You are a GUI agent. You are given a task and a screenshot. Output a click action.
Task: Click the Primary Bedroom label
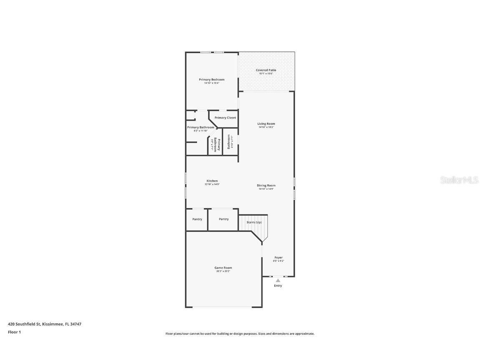tap(211, 80)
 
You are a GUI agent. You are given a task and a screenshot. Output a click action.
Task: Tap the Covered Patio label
tap(266, 70)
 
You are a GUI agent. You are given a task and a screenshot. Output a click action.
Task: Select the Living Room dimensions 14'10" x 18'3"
tap(266, 127)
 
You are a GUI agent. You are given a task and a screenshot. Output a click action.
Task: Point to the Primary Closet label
tap(225, 118)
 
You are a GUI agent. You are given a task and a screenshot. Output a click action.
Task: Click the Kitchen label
tap(212, 181)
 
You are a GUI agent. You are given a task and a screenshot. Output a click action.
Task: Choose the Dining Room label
tap(266, 186)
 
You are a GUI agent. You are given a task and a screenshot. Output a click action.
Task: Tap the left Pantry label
tap(197, 219)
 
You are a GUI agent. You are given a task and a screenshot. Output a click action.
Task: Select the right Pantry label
tap(224, 219)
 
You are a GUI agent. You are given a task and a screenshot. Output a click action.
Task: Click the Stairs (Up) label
tap(254, 222)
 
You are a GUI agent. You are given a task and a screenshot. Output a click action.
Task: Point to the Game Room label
tap(223, 268)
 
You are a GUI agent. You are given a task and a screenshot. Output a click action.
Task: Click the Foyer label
tap(278, 257)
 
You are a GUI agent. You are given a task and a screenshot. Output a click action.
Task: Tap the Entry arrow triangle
tap(278, 280)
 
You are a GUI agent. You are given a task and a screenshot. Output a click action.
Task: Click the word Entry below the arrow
tap(278, 286)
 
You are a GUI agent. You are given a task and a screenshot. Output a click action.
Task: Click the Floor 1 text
tap(14, 332)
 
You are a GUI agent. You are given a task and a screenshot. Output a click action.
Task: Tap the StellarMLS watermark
tap(459, 180)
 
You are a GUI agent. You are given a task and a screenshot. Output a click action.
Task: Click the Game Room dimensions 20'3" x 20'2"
tap(223, 271)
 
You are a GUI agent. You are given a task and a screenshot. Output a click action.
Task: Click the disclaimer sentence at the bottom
tap(240, 334)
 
